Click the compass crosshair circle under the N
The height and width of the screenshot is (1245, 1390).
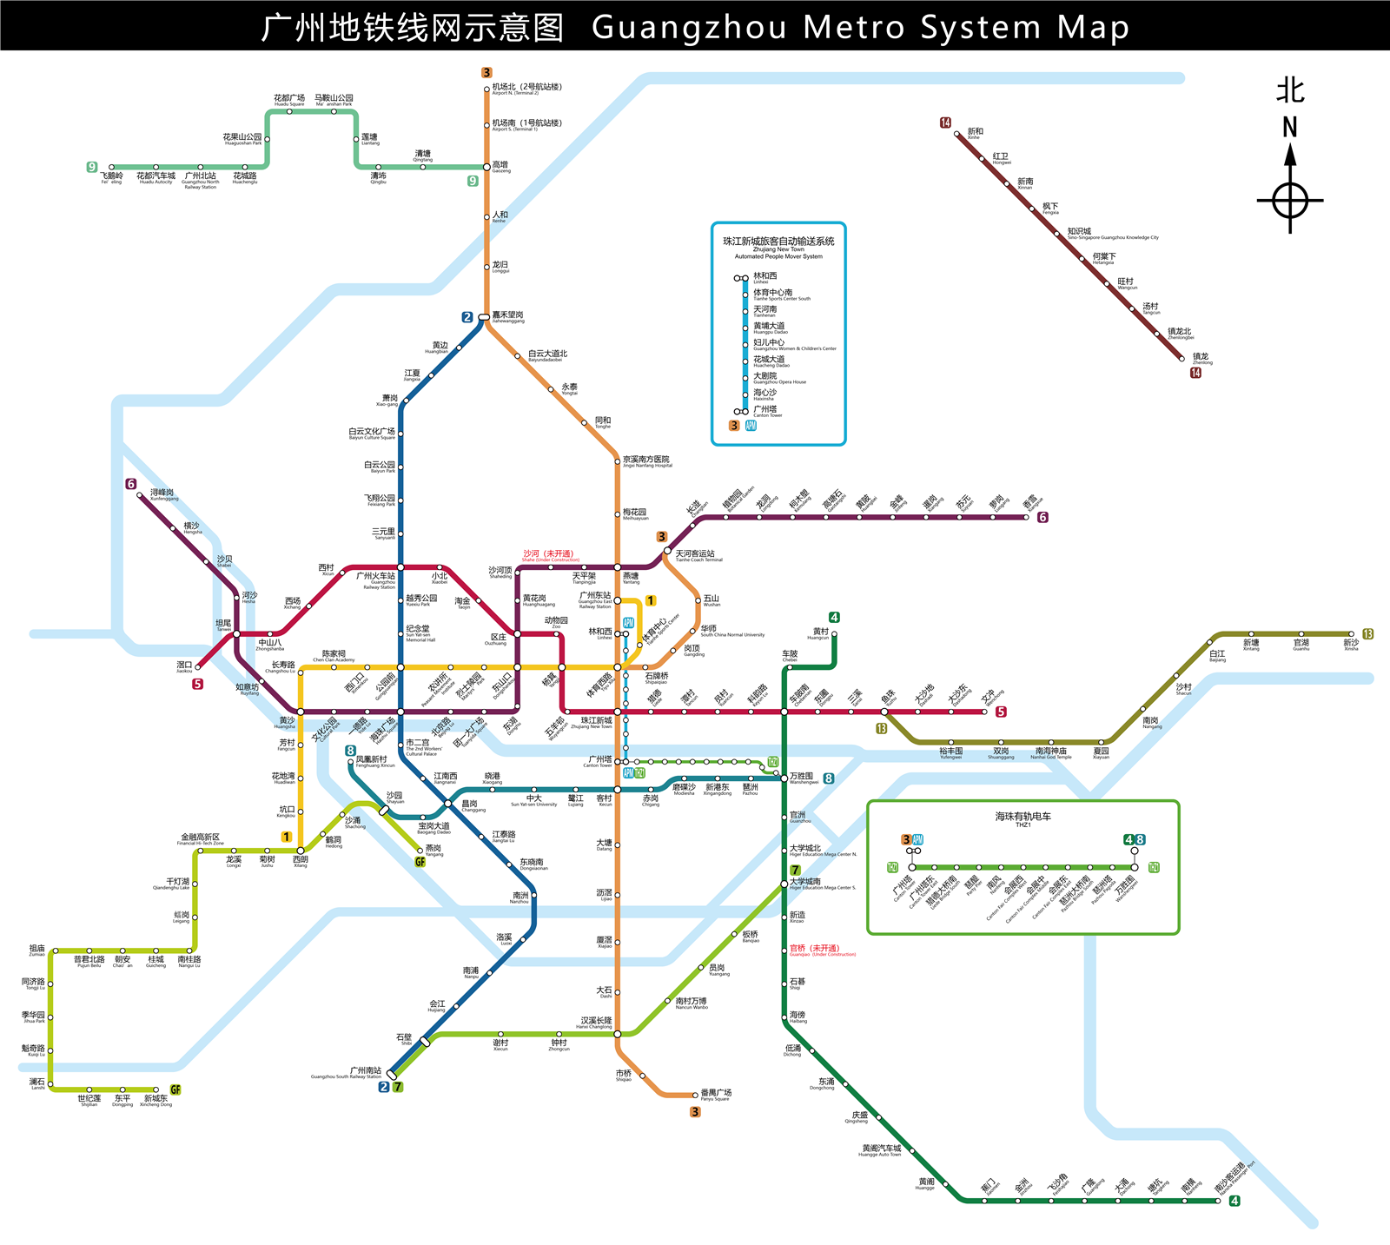click(x=1290, y=201)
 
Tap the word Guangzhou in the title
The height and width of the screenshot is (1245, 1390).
click(x=690, y=28)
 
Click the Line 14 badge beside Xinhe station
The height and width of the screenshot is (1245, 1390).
click(x=945, y=123)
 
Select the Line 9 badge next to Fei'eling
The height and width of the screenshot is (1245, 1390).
click(x=92, y=167)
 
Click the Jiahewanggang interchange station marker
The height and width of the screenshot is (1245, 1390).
click(x=484, y=317)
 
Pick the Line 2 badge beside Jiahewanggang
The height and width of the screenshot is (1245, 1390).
click(x=467, y=317)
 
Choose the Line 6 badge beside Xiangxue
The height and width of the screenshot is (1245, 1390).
click(x=1042, y=517)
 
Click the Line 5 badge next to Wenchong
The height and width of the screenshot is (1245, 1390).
click(x=1001, y=712)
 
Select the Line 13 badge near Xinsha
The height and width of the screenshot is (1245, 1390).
click(x=1367, y=634)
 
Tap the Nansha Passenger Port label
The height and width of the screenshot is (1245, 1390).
click(x=1232, y=1177)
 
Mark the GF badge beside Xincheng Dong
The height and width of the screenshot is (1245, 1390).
click(x=175, y=1089)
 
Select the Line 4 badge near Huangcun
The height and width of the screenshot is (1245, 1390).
click(x=834, y=618)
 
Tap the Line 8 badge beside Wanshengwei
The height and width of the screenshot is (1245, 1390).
click(x=829, y=778)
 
